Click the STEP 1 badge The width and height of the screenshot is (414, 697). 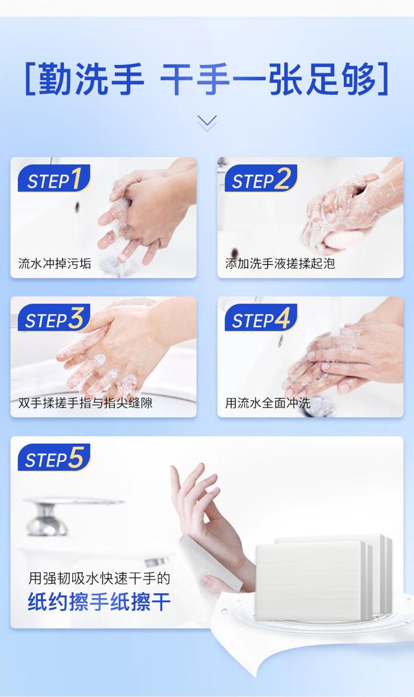click(x=54, y=178)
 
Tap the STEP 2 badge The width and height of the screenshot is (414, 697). click(x=261, y=178)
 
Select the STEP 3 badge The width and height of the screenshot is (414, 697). click(x=54, y=317)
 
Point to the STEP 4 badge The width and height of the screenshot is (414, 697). click(x=261, y=317)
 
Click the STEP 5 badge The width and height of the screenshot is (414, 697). click(x=54, y=457)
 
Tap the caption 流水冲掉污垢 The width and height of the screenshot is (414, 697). click(x=55, y=264)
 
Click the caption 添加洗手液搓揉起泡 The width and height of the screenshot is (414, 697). click(x=280, y=264)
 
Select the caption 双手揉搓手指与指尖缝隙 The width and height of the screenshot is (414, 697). click(x=85, y=403)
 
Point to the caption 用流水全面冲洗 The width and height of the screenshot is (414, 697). click(x=268, y=403)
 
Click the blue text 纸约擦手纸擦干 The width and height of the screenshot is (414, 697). click(x=99, y=602)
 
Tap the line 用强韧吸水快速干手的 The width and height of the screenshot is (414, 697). click(x=99, y=578)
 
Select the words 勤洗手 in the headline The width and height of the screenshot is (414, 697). click(x=91, y=78)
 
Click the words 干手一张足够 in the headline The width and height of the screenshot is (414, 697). click(x=268, y=78)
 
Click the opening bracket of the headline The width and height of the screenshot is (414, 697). click(x=30, y=78)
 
